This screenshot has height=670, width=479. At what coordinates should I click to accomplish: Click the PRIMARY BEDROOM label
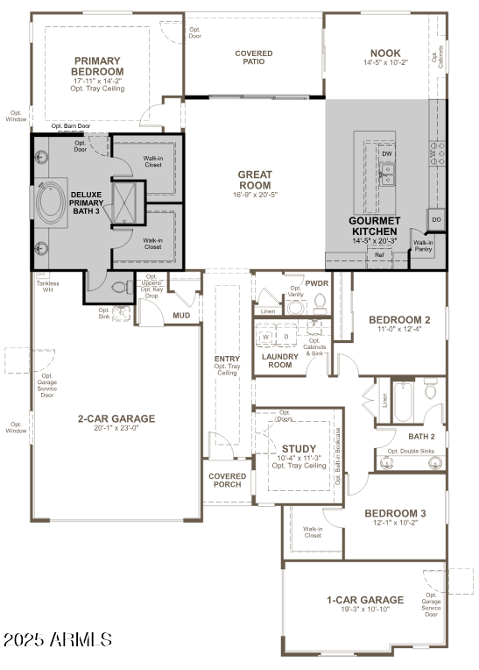coord(97,67)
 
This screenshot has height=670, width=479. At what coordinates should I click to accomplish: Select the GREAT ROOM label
coord(255,180)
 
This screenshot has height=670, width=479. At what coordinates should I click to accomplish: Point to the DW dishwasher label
coord(386,153)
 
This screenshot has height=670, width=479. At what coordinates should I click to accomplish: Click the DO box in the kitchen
coord(435,218)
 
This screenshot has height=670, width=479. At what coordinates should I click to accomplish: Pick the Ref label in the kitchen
coord(378,255)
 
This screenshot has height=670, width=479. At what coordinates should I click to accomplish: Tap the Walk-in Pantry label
coord(423,246)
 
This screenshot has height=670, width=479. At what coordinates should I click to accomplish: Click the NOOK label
coord(384,53)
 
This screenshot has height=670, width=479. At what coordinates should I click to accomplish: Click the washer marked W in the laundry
coord(266,336)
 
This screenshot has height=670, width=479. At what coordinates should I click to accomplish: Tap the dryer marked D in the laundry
coord(285,336)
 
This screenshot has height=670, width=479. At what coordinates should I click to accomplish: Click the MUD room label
coord(181,315)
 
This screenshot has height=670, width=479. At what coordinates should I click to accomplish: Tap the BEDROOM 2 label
coord(399,319)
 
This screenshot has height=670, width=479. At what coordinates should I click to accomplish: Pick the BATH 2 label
coord(421,436)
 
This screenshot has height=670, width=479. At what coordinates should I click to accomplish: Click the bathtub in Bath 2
coord(404,401)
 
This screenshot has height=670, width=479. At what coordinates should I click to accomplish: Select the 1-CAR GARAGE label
coord(365,600)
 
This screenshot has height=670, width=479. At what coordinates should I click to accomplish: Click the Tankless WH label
coord(46,287)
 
